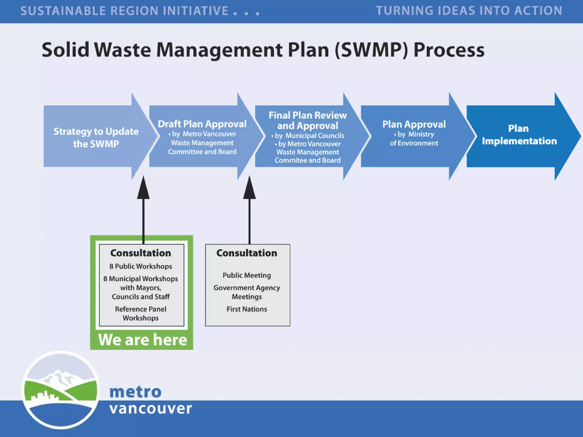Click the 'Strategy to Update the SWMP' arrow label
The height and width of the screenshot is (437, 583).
click(x=96, y=137)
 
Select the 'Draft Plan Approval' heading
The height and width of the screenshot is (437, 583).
click(x=202, y=124)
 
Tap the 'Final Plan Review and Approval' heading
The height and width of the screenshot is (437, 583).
click(x=307, y=120)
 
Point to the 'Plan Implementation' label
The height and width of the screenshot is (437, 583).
click(x=519, y=135)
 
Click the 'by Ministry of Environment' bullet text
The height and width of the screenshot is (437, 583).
click(x=414, y=139)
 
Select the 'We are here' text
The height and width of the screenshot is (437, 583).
click(x=142, y=339)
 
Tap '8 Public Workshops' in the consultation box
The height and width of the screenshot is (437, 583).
click(x=141, y=266)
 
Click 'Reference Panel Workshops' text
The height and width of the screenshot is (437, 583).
click(x=141, y=313)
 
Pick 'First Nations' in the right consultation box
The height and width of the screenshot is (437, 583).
click(x=247, y=309)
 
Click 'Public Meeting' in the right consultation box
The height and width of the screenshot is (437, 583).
click(x=247, y=275)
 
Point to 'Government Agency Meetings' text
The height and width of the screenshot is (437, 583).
click(x=247, y=292)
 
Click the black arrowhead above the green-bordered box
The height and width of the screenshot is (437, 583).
click(x=143, y=188)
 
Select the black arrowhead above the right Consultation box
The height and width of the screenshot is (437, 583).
click(x=249, y=188)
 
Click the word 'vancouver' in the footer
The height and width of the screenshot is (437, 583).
click(x=150, y=409)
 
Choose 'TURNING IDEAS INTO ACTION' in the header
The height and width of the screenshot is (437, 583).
click(x=469, y=11)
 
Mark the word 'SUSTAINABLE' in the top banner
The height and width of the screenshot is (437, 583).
click(x=63, y=11)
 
